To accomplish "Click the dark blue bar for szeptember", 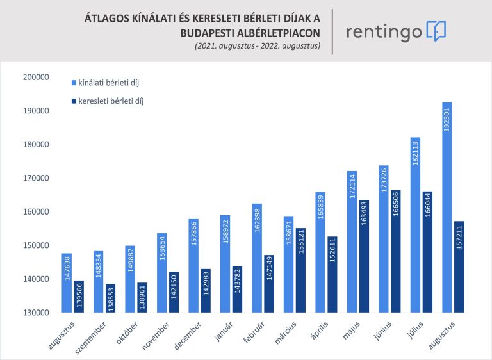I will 109,298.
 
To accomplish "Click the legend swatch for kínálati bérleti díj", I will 74,83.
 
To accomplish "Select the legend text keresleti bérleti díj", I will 111,101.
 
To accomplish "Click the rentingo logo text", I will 384,31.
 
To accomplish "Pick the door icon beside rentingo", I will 436,31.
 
